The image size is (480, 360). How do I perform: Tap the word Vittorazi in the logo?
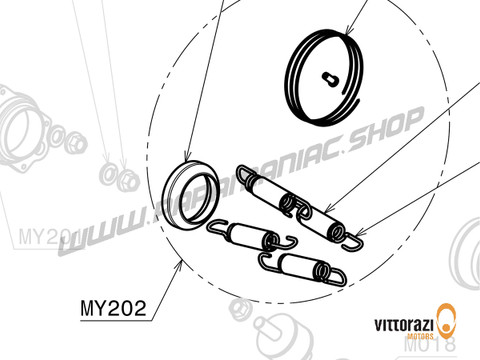tap(400, 327)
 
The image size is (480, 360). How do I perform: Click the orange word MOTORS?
tap(405, 340)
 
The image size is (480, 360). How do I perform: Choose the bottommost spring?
tap(304, 270)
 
